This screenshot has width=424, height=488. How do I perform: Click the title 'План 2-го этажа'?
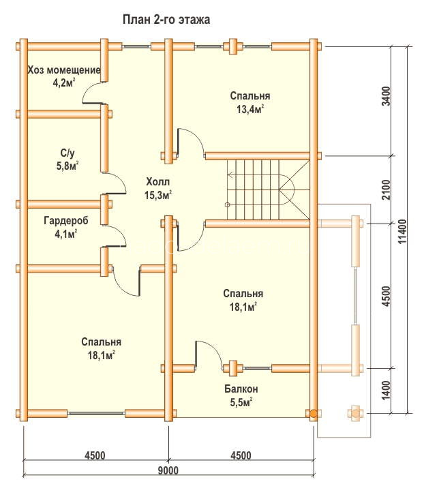(166, 20)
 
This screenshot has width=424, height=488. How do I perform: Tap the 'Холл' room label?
(158, 181)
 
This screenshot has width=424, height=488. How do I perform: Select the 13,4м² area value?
(250, 109)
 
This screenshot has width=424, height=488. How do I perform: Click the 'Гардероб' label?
(66, 220)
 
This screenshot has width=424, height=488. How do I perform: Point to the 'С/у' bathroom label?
(67, 153)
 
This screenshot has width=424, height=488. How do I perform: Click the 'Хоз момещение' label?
(64, 70)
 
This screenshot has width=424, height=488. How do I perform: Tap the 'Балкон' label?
(241, 389)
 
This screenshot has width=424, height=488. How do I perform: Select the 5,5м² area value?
(241, 402)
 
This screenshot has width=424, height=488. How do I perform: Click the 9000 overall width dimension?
(168, 470)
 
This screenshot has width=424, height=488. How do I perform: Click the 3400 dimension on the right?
(386, 96)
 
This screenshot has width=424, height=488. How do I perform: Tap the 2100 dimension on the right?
(386, 189)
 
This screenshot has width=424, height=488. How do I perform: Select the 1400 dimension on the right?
(386, 391)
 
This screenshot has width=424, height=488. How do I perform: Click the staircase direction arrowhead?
(230, 175)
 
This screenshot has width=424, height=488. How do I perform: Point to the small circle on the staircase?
(228, 204)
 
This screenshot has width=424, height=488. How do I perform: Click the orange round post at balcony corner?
(313, 414)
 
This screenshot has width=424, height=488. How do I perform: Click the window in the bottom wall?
(96, 413)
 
